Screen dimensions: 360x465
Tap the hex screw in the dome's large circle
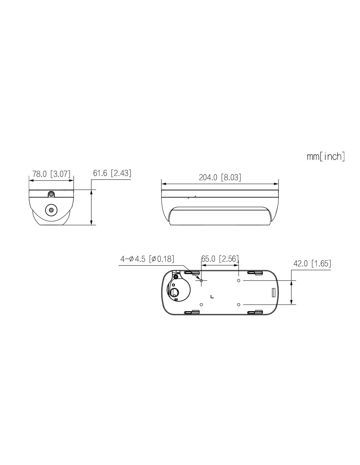51,210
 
